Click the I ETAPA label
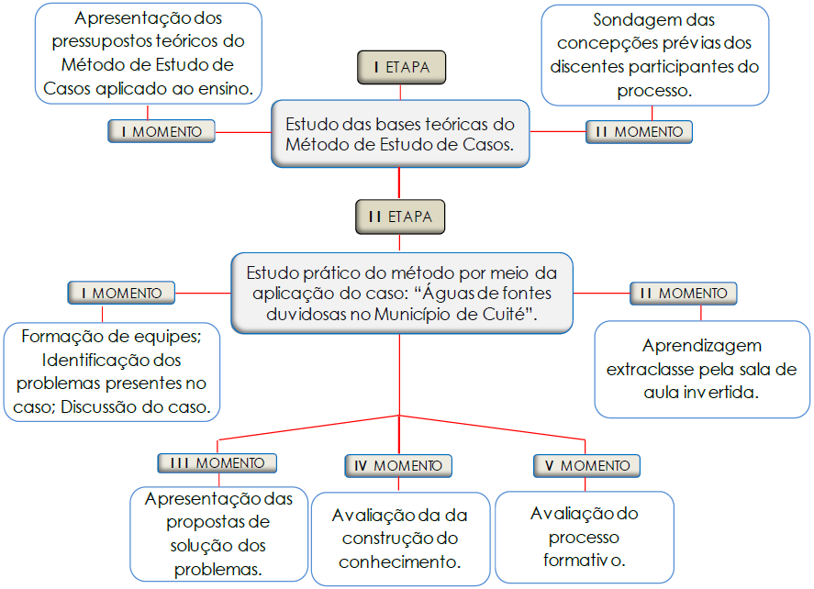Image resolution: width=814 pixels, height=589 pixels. [x=401, y=67]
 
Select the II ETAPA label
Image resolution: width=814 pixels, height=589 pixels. [x=400, y=217]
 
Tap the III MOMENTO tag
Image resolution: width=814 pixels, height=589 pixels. [x=217, y=463]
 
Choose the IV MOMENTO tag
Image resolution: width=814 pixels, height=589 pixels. [x=398, y=466]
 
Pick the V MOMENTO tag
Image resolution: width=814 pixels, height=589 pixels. [x=587, y=466]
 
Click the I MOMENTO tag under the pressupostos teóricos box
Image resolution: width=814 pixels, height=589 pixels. [x=162, y=131]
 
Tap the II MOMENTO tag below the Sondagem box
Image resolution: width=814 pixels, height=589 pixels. [x=640, y=131]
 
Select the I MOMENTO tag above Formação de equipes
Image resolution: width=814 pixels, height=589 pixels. [x=121, y=294]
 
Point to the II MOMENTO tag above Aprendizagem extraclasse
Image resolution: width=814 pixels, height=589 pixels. [x=684, y=294]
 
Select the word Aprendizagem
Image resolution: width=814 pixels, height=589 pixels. [x=702, y=346]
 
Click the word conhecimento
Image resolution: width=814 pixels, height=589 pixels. [x=399, y=561]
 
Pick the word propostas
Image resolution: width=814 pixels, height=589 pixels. [x=218, y=522]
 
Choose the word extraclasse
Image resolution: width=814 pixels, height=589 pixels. [x=653, y=369]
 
